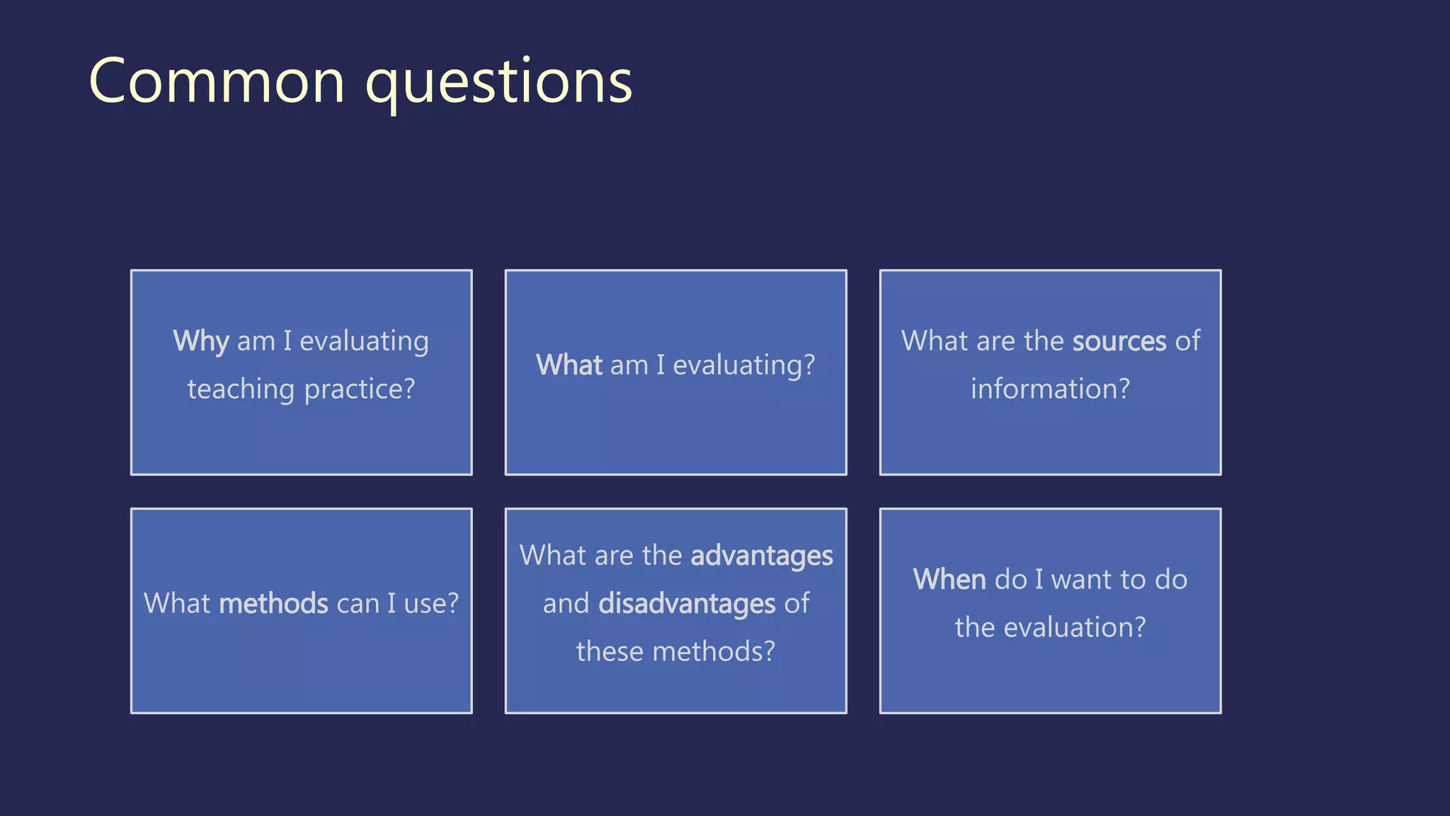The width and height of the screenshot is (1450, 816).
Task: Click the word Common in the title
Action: coord(217,82)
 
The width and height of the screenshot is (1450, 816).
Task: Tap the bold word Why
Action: coord(201,342)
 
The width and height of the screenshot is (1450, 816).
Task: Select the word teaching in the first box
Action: coord(241,390)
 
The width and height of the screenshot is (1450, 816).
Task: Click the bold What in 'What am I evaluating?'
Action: coord(569,365)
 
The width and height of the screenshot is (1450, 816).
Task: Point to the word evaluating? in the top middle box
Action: coord(743,366)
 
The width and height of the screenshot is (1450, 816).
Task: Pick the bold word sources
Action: coord(1119,341)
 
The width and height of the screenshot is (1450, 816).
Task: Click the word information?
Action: coord(1050,389)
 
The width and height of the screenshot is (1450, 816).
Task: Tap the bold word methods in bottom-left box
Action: coord(273,604)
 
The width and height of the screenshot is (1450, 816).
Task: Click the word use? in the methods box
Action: coord(431,604)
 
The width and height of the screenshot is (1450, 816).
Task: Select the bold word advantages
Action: coord(762,556)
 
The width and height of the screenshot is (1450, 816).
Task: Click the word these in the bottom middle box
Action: coord(610,652)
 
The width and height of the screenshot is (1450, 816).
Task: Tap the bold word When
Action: coord(949,580)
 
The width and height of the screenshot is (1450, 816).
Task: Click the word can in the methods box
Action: coord(358,604)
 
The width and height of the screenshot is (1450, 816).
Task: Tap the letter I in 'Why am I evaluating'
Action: coord(287,341)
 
